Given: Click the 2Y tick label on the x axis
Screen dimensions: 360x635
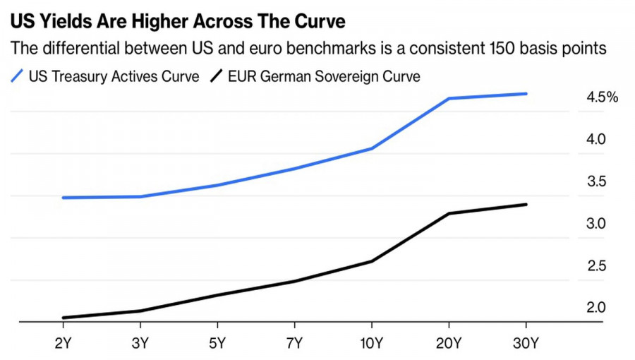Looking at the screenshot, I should [64, 344].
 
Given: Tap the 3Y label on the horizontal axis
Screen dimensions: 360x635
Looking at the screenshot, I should [140, 344].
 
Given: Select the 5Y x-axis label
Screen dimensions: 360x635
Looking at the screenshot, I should [217, 344].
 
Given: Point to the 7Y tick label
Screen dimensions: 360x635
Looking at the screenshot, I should [295, 344].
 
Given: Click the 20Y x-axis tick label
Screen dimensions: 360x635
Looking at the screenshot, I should [449, 344].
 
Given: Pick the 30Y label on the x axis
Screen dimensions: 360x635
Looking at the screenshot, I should [526, 344].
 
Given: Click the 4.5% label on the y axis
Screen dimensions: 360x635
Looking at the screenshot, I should [602, 97].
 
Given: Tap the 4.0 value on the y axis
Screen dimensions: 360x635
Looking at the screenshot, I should [597, 140].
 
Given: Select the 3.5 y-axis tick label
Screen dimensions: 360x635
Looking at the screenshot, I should [597, 182].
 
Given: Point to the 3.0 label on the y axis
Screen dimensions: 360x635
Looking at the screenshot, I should [597, 224].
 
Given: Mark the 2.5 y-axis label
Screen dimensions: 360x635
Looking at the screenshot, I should [597, 266].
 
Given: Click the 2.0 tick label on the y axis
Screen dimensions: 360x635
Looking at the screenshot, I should [597, 308].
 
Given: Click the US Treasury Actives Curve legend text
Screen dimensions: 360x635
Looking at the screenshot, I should [114, 76].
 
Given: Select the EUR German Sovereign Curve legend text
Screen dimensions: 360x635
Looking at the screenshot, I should [324, 76].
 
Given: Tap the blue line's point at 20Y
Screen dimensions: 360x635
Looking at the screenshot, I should [449, 99].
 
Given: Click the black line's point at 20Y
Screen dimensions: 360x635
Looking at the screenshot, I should [449, 213].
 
